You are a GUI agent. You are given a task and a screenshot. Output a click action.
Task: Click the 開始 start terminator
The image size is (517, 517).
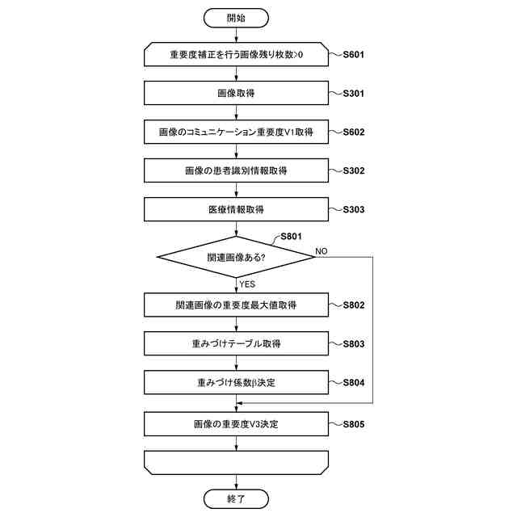236,17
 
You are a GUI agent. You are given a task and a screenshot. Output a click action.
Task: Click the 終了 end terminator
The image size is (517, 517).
236,498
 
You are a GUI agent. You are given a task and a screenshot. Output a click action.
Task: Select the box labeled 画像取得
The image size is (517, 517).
236,94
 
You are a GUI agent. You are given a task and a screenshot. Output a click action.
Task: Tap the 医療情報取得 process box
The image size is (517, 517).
236,209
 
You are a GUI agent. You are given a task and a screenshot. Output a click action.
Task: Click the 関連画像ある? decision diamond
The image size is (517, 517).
236,258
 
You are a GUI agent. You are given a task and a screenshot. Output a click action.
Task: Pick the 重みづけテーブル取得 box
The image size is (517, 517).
236,343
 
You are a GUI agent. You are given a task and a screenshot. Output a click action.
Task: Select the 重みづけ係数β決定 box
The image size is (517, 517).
236,381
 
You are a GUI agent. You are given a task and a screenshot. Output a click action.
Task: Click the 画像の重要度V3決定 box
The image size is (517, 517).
236,423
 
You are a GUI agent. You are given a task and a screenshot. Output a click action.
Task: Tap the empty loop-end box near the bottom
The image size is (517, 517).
236,462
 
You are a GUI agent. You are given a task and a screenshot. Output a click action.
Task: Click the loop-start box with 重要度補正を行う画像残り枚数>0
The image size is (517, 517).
236,55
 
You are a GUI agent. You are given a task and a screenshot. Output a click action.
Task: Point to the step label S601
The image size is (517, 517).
353,55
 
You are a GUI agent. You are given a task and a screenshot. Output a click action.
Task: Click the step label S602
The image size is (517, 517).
353,132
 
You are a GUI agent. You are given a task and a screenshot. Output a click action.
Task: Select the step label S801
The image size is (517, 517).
290,237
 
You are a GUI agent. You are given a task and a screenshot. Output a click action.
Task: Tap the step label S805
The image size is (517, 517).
353,423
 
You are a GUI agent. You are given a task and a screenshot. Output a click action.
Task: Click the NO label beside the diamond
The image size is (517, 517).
321,251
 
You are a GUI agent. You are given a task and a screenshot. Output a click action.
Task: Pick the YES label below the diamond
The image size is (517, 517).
247,284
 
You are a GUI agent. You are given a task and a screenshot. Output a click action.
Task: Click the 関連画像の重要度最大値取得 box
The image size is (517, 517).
236,305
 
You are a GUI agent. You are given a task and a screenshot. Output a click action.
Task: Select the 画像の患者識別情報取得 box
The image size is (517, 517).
236,170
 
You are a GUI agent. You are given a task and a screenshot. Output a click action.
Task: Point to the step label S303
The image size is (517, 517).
353,209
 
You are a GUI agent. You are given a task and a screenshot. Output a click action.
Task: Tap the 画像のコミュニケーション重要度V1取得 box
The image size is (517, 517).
236,132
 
